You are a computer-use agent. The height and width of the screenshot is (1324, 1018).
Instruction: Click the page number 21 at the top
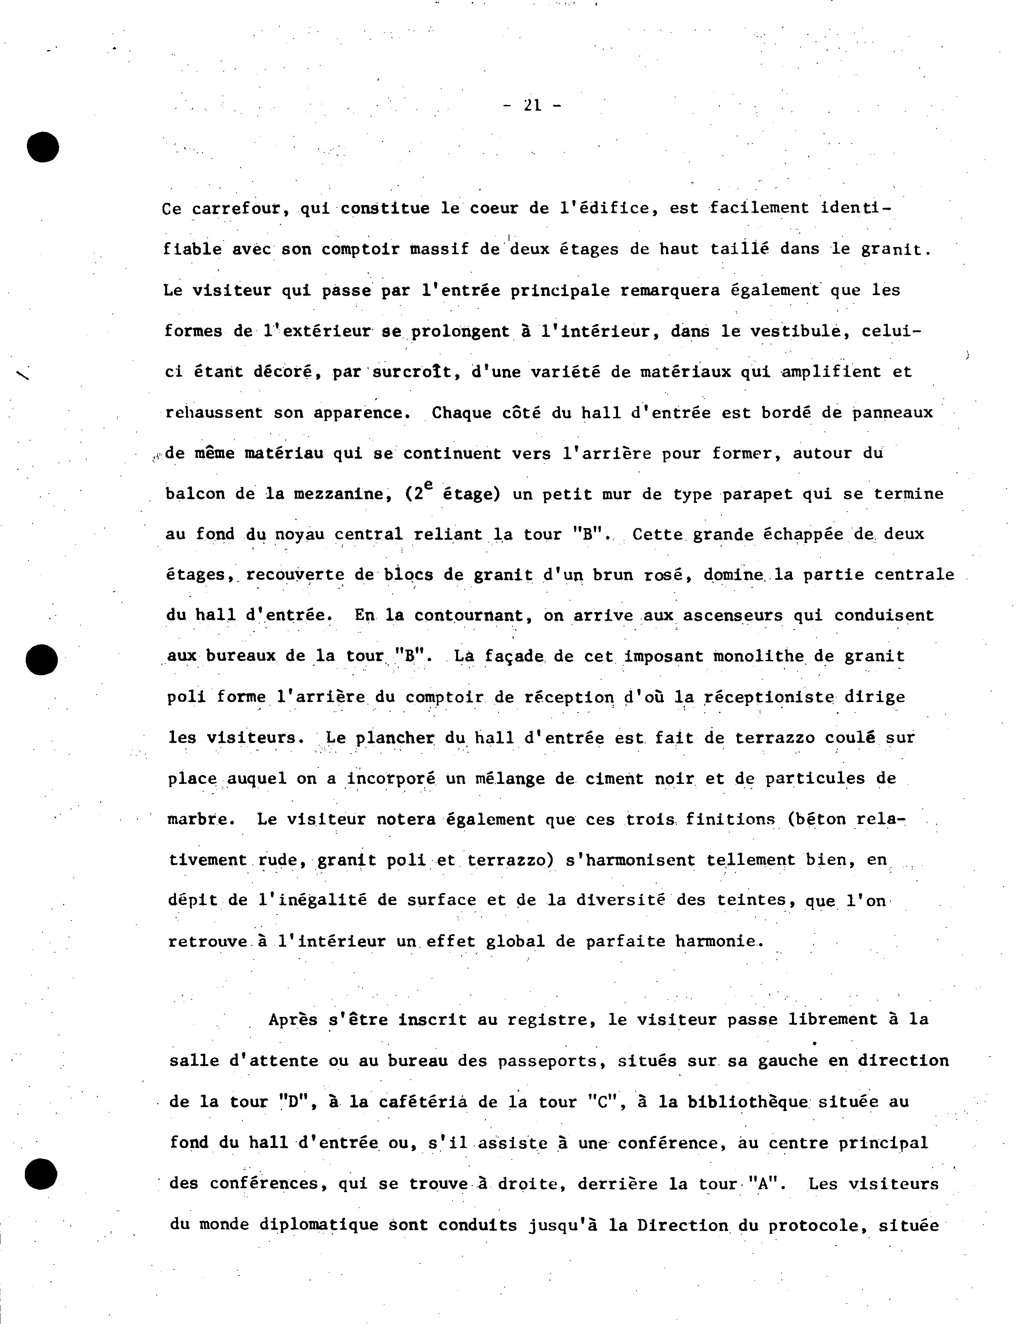point(533,105)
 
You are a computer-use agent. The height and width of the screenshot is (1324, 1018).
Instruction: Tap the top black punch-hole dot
point(42,146)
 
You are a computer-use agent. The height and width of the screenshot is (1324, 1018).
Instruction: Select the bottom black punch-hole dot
point(41,1174)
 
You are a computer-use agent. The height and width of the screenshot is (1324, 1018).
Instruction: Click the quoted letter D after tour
point(296,1101)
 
